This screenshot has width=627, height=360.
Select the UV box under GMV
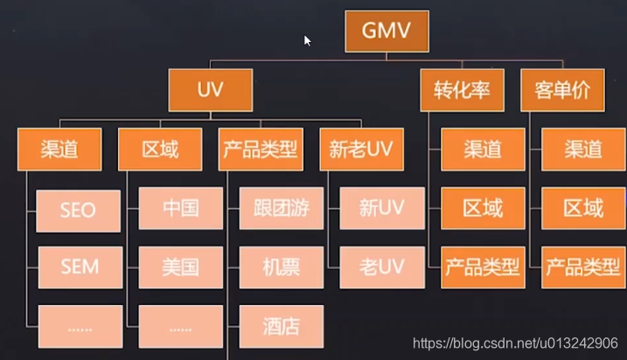211,90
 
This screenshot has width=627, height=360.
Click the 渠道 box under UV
59,149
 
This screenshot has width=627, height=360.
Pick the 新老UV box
361,149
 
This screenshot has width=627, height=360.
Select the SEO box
78,210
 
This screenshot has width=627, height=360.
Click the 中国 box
180,209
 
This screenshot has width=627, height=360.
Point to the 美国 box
180,267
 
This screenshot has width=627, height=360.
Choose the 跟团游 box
282,209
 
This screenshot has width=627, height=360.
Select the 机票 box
282,267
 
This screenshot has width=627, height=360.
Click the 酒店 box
282,326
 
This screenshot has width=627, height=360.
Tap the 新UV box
382,209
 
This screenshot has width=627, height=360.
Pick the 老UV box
382,267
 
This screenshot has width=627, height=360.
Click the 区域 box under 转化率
483,209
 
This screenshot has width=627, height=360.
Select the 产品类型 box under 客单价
583,267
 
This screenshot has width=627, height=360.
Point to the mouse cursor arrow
308,40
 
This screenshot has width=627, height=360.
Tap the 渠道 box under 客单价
583,149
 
